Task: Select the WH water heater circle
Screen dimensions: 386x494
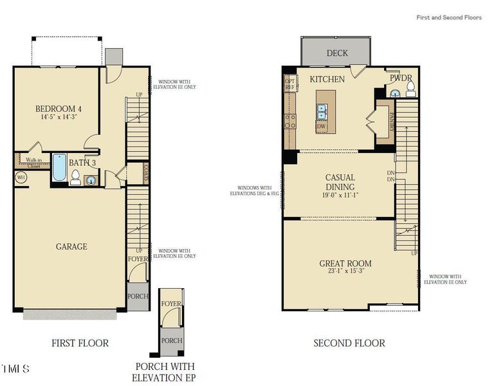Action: pyautogui.click(x=21, y=177)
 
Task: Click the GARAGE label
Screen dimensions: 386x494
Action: pyautogui.click(x=71, y=246)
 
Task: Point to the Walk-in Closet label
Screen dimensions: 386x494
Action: pyautogui.click(x=33, y=163)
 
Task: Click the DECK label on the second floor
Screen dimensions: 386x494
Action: pyautogui.click(x=337, y=53)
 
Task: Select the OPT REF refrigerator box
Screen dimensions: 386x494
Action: pyautogui.click(x=290, y=84)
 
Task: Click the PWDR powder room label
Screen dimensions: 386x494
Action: pyautogui.click(x=401, y=78)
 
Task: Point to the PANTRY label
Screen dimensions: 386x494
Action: pyautogui.click(x=391, y=120)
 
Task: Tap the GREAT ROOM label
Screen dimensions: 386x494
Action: pyautogui.click(x=345, y=263)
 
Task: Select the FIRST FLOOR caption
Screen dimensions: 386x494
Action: pyautogui.click(x=80, y=344)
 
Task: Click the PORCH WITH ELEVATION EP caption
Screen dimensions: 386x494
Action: pyautogui.click(x=163, y=372)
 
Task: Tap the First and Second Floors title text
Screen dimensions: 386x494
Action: pyautogui.click(x=448, y=17)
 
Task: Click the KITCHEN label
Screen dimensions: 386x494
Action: pyautogui.click(x=327, y=79)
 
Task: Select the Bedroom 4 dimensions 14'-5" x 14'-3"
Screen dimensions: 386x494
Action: pyautogui.click(x=58, y=118)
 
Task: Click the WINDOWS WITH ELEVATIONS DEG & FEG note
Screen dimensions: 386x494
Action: pyautogui.click(x=256, y=191)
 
